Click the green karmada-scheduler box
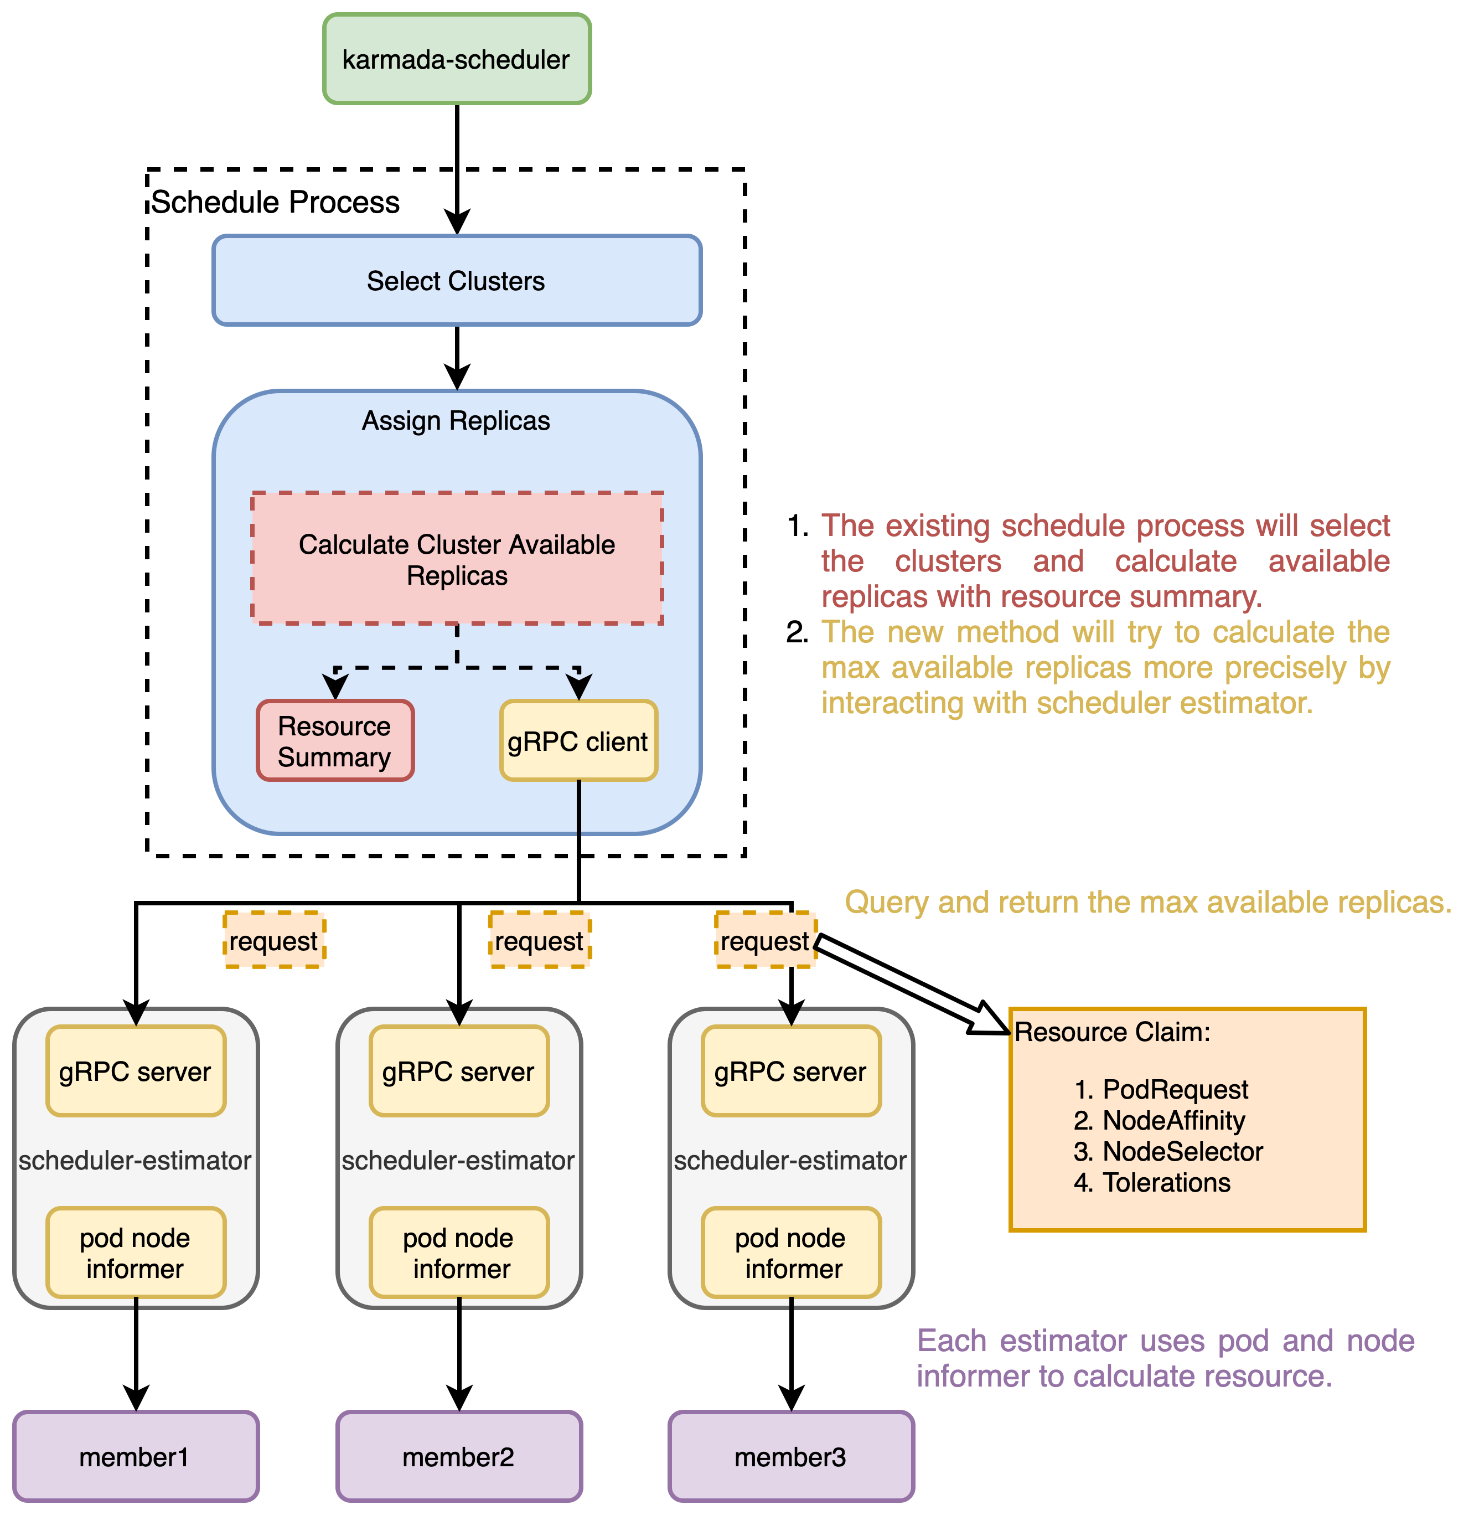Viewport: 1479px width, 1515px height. pos(457,59)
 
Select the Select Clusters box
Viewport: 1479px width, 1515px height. pos(457,281)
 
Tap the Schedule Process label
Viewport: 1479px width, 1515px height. pos(275,202)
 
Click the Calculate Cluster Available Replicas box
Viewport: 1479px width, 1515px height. pos(457,559)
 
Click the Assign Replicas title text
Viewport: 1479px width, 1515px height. pos(456,420)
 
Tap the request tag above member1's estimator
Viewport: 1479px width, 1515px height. pos(273,941)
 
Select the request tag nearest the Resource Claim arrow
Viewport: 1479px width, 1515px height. pos(765,941)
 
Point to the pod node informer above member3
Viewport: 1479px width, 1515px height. pos(791,1253)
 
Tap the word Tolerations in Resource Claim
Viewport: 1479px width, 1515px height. pos(1167,1182)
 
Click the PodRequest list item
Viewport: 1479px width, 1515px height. pos(1175,1089)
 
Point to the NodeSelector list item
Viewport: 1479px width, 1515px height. pos(1183,1151)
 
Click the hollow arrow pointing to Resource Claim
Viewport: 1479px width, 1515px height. pos(909,983)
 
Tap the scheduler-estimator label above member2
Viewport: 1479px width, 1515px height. pos(458,1161)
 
